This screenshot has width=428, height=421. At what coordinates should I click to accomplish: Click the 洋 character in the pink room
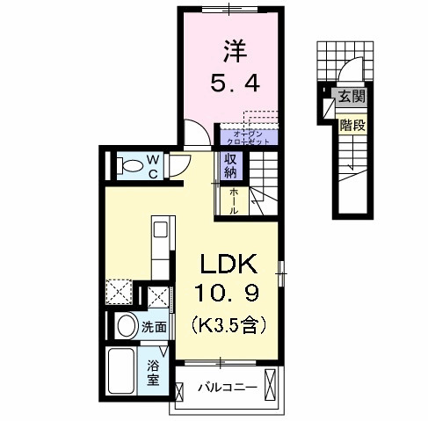[232, 50]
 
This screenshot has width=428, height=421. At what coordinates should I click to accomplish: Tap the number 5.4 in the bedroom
[232, 84]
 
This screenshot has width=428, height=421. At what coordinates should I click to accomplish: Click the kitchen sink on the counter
[161, 230]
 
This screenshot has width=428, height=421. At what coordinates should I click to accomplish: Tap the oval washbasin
[127, 327]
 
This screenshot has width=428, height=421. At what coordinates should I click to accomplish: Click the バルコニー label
[226, 386]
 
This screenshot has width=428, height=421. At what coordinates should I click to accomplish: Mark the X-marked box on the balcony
[272, 385]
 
